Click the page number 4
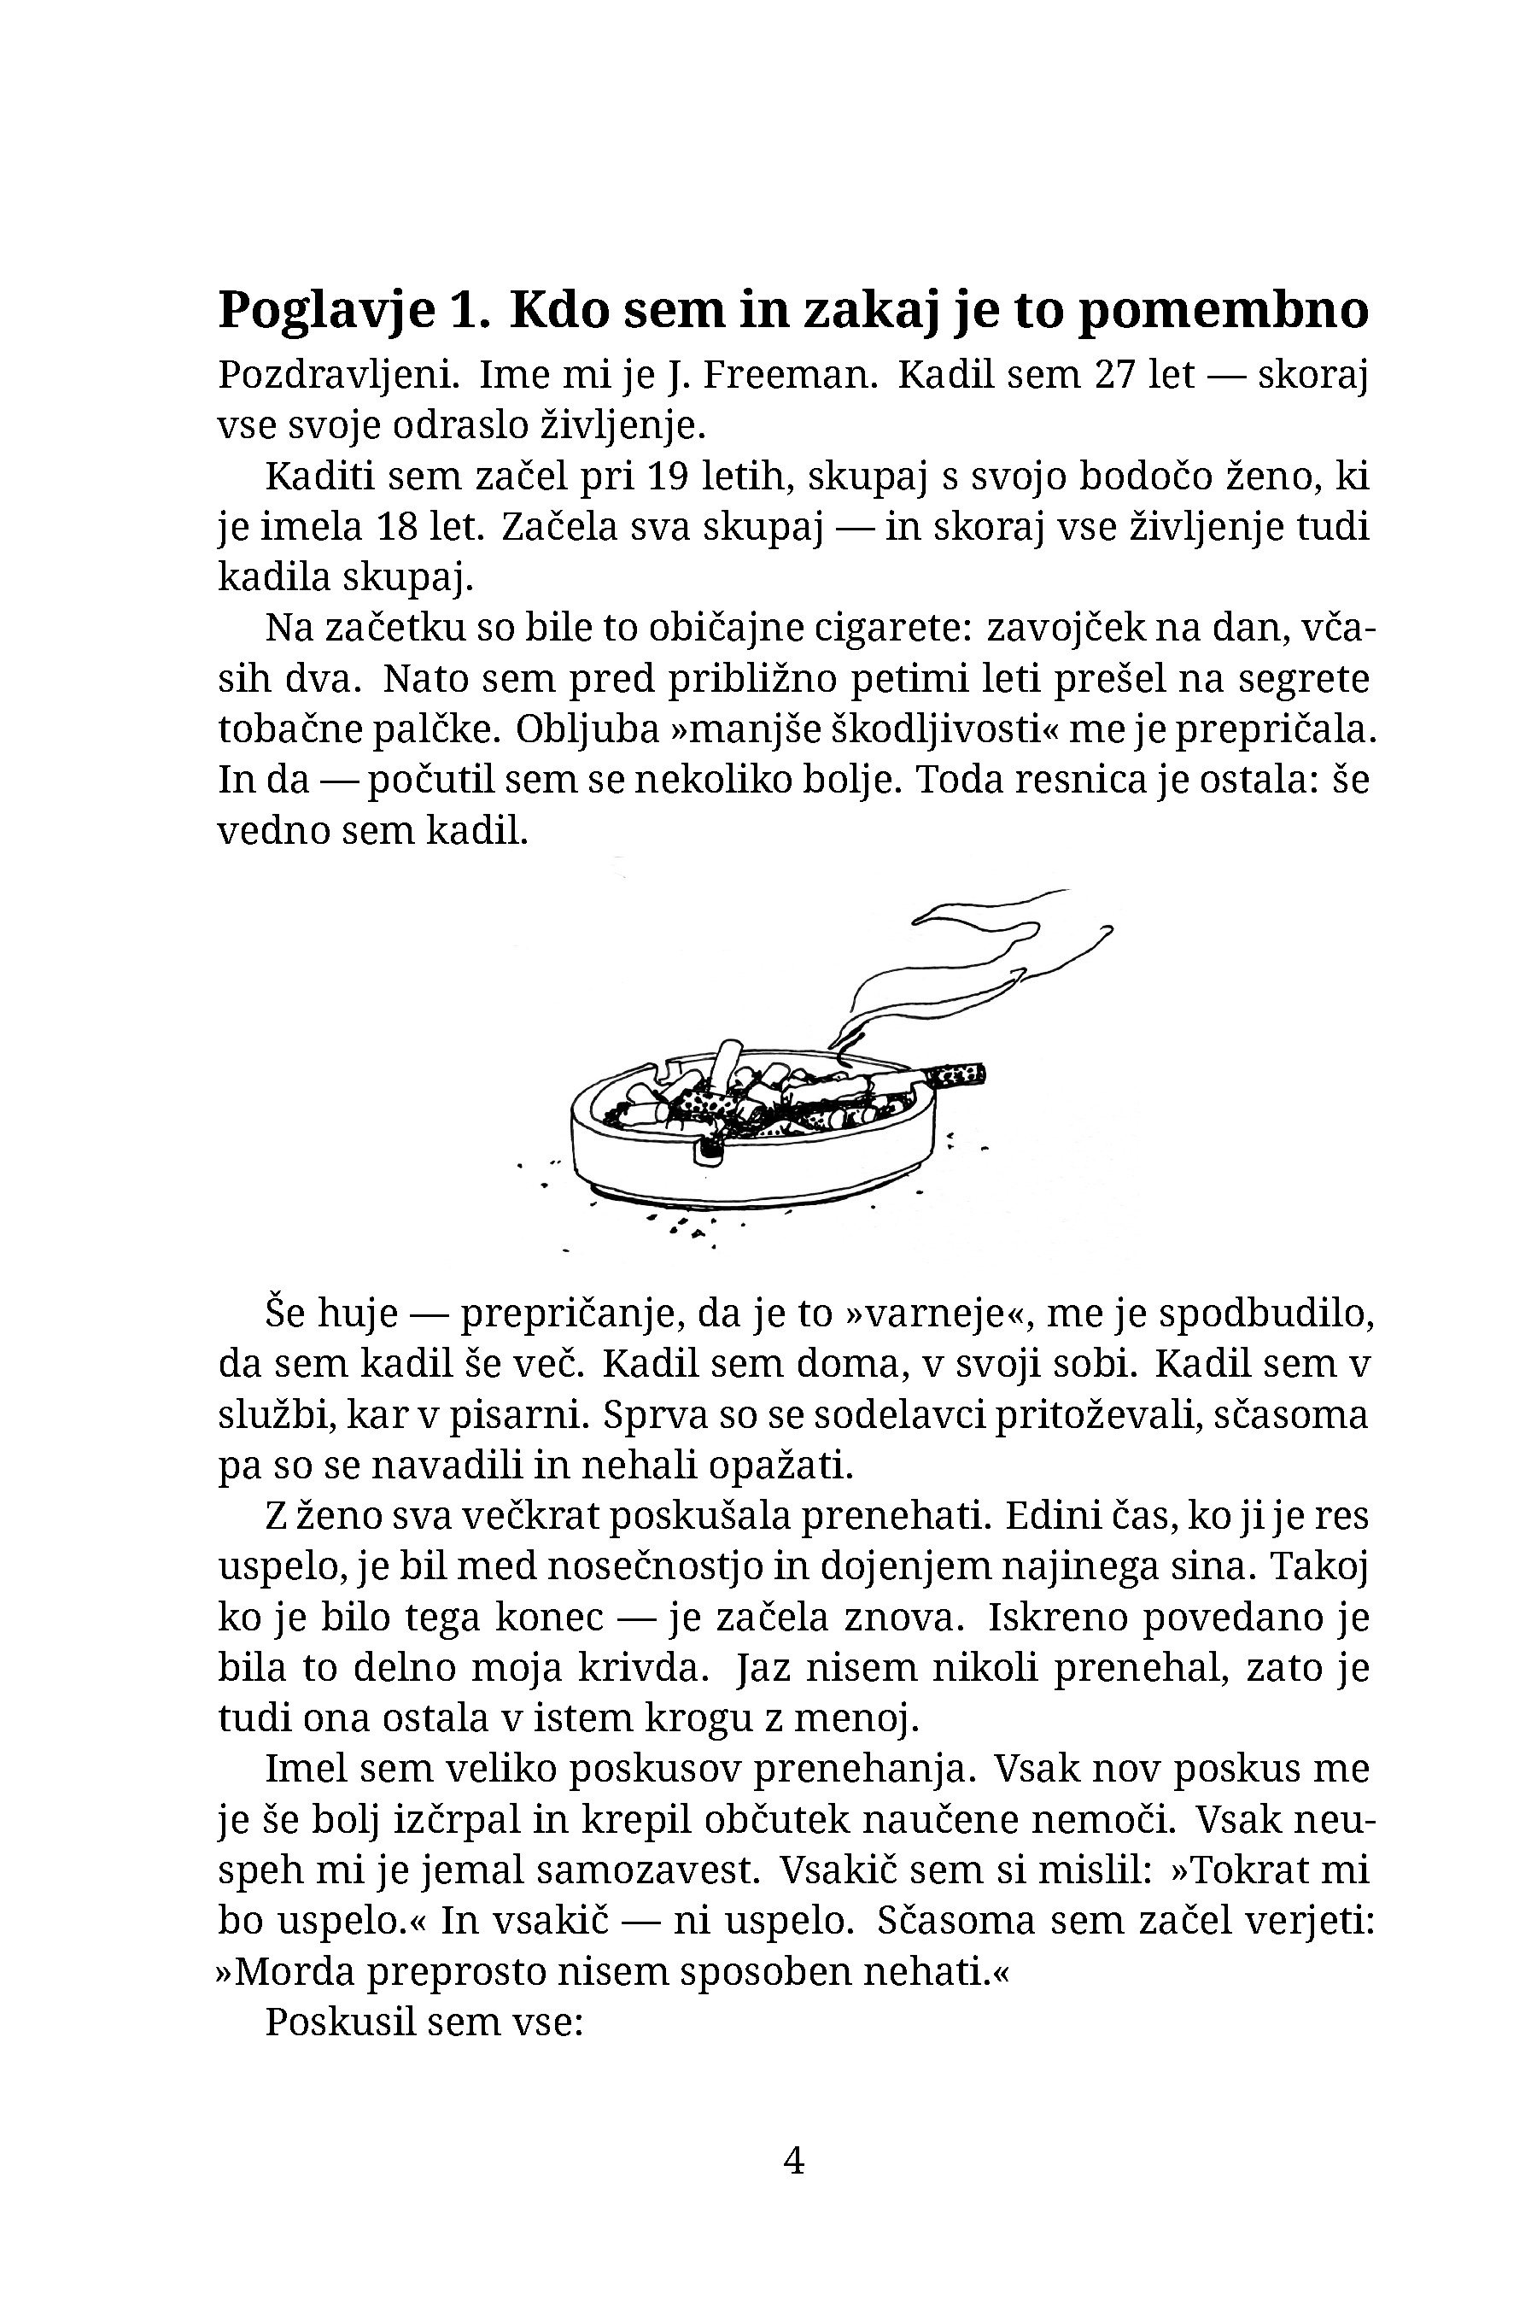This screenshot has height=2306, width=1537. (x=795, y=2161)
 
